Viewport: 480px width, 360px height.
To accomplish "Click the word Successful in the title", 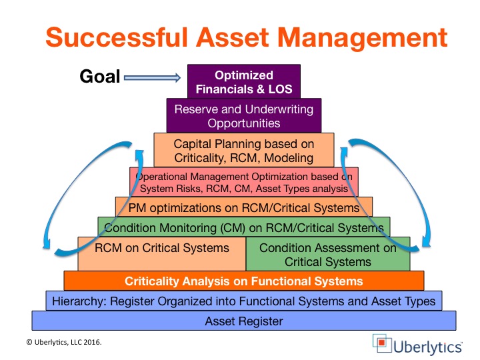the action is point(116,37).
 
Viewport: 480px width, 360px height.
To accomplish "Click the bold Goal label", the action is point(100,76).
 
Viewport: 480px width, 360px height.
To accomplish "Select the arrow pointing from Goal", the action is point(152,77).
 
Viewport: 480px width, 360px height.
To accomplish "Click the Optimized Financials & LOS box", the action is point(244,81).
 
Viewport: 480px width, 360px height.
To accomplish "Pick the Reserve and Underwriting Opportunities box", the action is point(244,116).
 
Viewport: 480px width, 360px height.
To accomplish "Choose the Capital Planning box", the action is point(244,150).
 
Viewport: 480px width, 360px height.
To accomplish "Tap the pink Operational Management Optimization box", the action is point(244,182).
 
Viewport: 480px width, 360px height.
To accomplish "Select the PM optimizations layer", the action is point(244,207).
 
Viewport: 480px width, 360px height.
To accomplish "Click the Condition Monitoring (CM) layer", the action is point(244,227).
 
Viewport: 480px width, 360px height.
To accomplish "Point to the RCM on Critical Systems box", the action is point(161,254).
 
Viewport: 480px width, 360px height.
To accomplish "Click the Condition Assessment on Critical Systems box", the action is point(328,254).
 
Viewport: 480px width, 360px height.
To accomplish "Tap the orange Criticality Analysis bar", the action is point(244,281).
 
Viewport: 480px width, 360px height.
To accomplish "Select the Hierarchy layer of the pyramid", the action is point(244,301).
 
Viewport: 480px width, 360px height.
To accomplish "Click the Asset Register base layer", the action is point(244,321).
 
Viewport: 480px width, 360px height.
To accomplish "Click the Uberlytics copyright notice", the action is point(64,342).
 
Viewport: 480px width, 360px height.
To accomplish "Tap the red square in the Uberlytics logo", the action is point(381,342).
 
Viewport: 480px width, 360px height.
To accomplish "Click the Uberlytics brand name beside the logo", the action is point(427,347).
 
